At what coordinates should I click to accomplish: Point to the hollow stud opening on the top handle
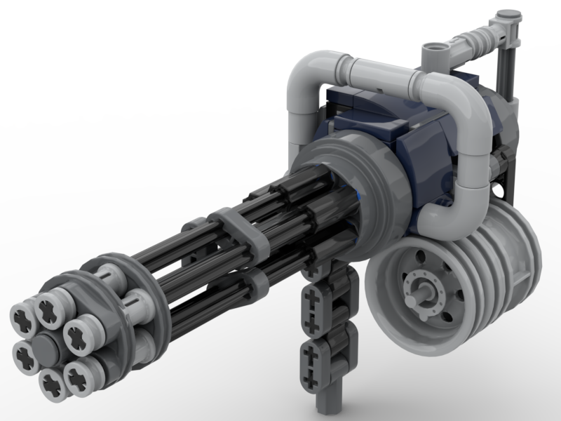[434, 50]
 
